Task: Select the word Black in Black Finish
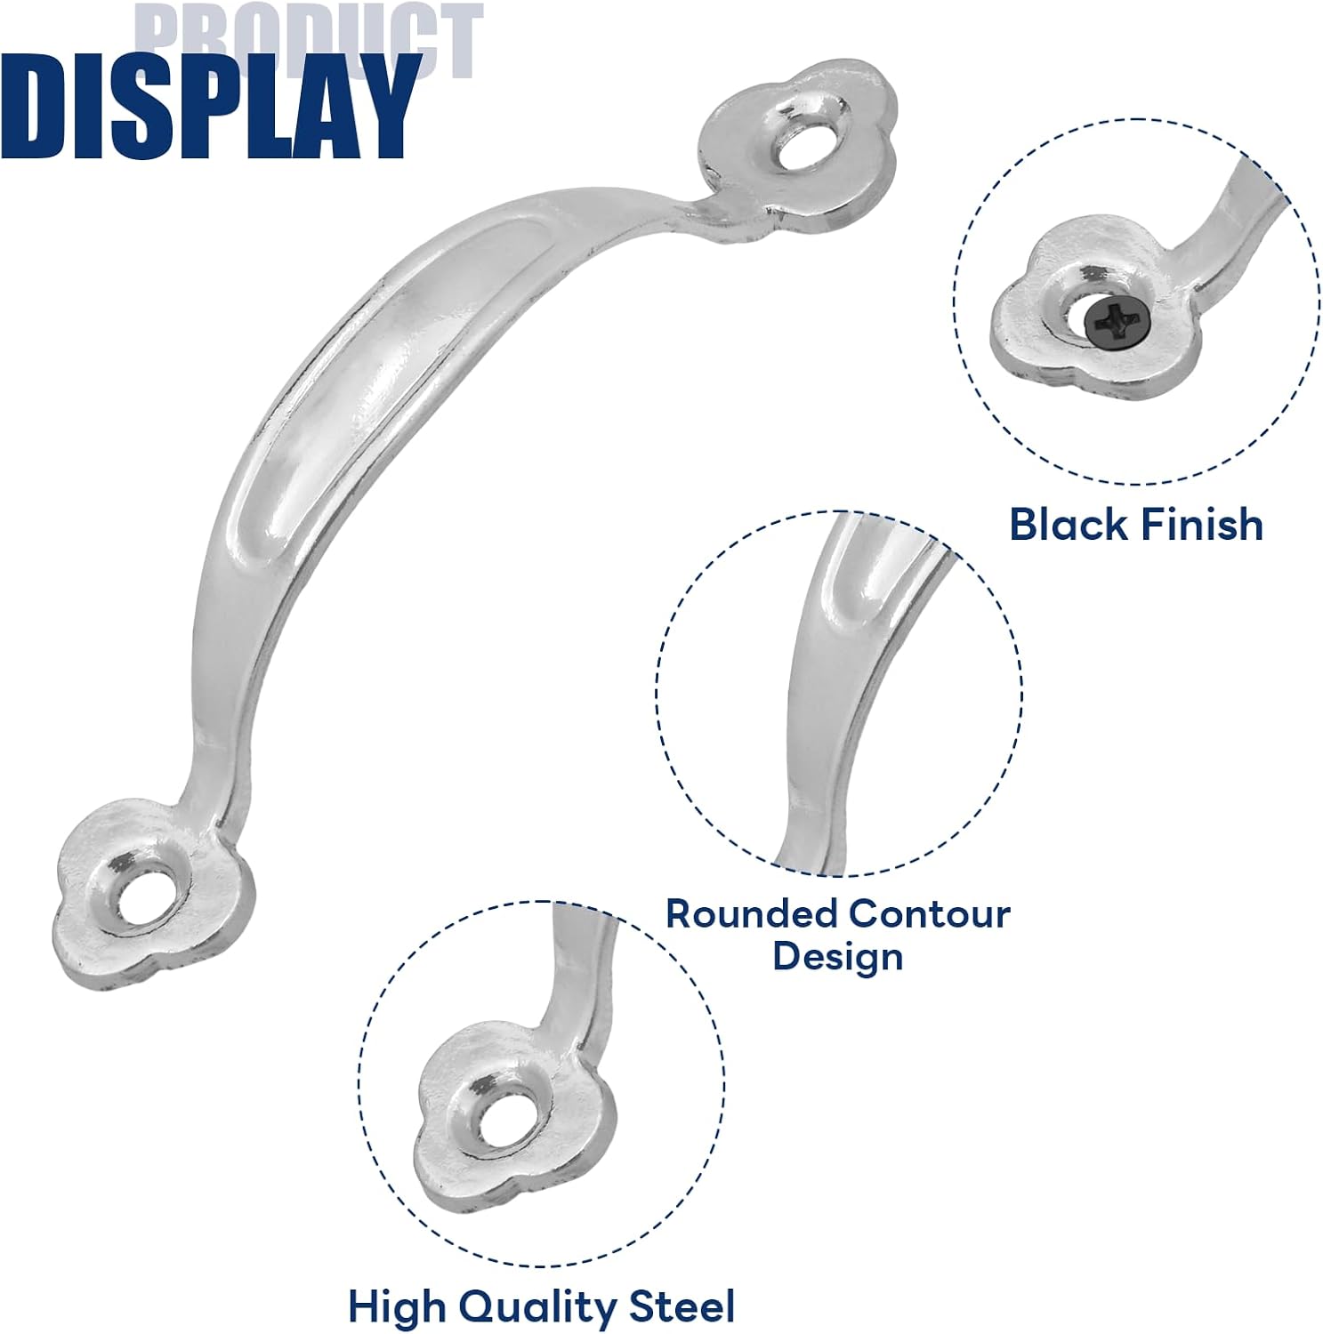(x=1069, y=524)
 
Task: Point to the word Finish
(x=1200, y=524)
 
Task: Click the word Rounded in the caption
(x=751, y=913)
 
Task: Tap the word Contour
(x=929, y=913)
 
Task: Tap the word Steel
(x=682, y=1306)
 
